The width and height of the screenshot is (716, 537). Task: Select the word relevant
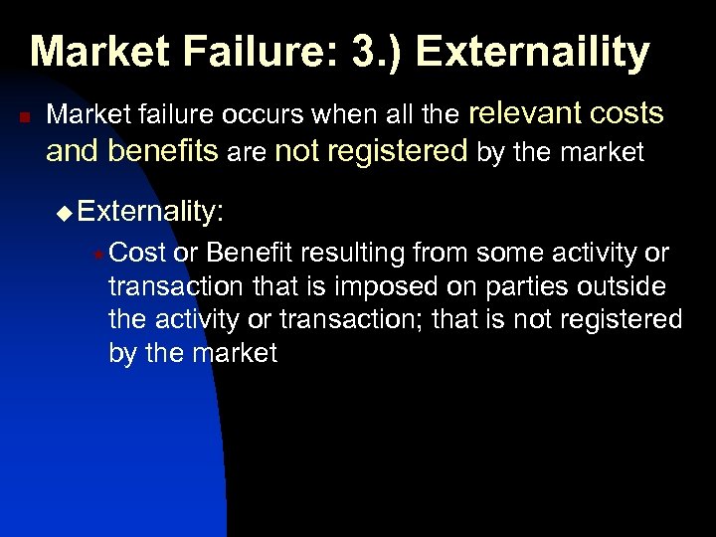[524, 114]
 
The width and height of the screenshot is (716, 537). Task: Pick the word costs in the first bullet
[626, 114]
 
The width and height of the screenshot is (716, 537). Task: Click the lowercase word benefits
[162, 151]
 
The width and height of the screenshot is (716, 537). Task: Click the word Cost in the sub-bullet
[137, 255]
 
